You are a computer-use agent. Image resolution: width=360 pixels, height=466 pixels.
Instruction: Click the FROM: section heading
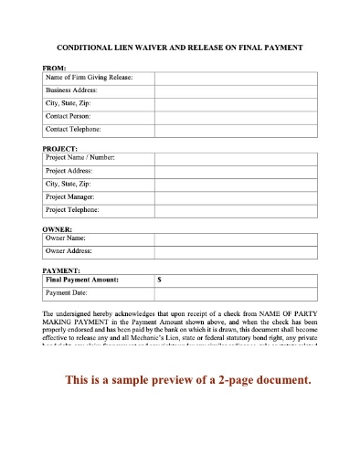click(55, 68)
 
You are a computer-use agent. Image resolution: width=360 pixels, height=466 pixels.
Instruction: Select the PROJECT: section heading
click(60, 147)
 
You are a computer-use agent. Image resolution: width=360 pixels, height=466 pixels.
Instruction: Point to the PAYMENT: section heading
click(62, 270)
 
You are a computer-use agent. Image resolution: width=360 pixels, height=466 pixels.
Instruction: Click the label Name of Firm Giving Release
click(89, 79)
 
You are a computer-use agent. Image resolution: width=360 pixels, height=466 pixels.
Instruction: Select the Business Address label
click(75, 91)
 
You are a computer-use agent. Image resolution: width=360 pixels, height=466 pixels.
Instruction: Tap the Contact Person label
click(72, 117)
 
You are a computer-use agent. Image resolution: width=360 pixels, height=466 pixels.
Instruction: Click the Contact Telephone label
click(79, 130)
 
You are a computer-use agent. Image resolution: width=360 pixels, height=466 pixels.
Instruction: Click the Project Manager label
click(75, 196)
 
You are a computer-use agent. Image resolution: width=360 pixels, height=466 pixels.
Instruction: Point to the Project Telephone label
click(79, 209)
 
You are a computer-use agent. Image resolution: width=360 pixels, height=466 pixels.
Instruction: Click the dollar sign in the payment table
click(160, 281)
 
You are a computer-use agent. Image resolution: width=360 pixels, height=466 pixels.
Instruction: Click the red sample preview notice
click(181, 379)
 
